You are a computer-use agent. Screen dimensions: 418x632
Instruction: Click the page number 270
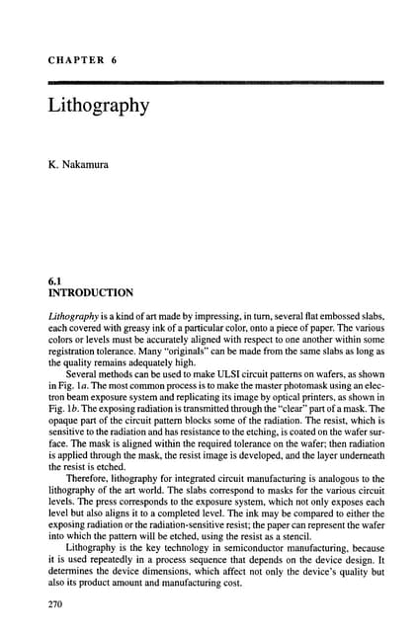pyautogui.click(x=56, y=602)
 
